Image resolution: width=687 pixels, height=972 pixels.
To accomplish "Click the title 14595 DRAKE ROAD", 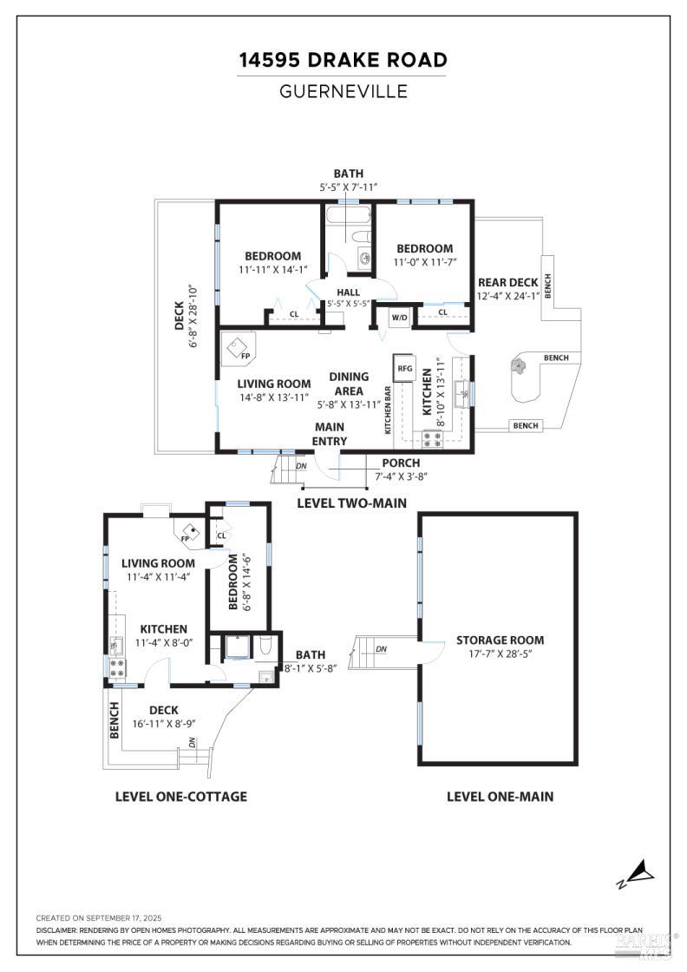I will [343, 60].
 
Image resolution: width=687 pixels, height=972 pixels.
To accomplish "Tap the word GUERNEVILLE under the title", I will [343, 91].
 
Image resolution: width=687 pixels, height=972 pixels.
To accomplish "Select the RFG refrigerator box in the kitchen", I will [405, 368].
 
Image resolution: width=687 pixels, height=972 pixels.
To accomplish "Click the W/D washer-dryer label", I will [399, 318].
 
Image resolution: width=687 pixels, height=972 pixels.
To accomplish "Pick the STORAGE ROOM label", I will [501, 640].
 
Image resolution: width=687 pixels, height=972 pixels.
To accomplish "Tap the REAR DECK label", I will [507, 282].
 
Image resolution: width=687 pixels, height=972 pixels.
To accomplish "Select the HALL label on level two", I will [349, 292].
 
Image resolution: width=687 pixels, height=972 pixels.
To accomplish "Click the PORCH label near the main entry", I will [401, 463].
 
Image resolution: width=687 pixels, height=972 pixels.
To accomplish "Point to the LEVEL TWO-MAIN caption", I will [351, 502].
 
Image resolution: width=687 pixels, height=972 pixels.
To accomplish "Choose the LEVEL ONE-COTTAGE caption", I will [181, 796].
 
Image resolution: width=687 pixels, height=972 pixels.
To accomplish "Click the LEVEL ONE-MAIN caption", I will [500, 796].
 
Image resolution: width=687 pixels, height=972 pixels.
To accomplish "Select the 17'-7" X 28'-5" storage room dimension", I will [501, 653].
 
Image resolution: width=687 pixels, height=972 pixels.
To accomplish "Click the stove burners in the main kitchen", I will [432, 437].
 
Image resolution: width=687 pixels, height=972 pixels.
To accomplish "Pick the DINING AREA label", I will [349, 384].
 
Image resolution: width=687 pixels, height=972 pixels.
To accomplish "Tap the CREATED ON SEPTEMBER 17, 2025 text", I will [99, 917].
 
